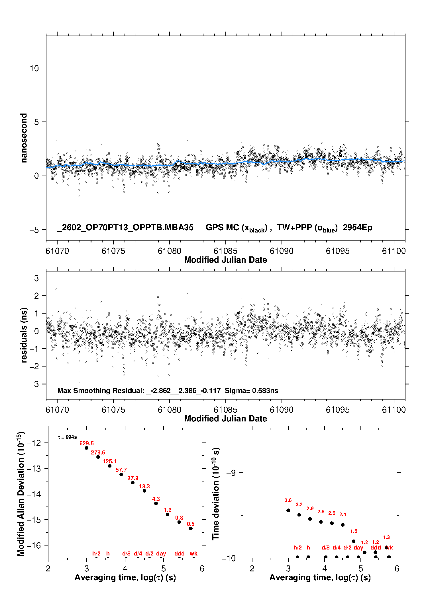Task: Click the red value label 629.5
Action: tap(86, 443)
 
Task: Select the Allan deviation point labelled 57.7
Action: tap(121, 474)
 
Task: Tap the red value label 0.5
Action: tap(191, 524)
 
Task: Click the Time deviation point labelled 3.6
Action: tap(288, 510)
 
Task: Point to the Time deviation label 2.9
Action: tap(310, 509)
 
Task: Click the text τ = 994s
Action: tap(67, 437)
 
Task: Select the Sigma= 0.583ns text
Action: tap(251, 390)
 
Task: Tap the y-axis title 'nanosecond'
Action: tap(24, 138)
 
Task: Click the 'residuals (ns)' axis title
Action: tap(24, 335)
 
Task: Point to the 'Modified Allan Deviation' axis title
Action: tap(21, 494)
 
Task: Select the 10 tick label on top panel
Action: tap(34, 68)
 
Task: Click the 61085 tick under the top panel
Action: tap(225, 251)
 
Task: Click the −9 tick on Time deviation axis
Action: tap(231, 473)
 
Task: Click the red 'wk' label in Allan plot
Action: tap(193, 553)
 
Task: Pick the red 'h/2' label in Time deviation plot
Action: tap(297, 547)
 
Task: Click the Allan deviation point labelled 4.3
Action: tap(156, 503)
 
